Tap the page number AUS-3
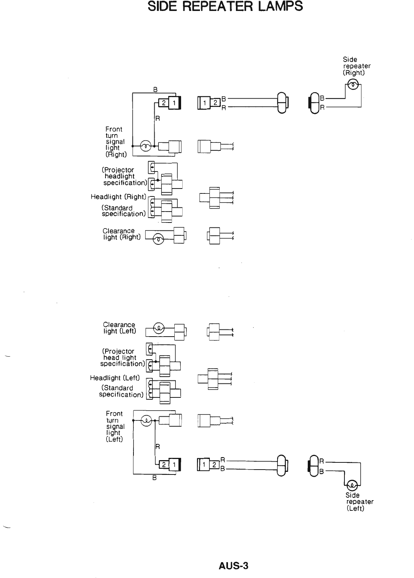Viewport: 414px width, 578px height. [x=233, y=566]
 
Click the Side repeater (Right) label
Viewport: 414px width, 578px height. [x=356, y=66]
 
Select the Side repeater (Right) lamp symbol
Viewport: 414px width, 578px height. [x=352, y=85]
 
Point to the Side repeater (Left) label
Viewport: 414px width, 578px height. [x=359, y=502]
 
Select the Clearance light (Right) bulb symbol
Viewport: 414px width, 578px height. [x=158, y=238]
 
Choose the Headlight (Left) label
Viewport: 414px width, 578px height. [x=115, y=378]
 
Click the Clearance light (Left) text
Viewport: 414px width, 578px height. [x=119, y=328]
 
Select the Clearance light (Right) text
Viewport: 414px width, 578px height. [x=121, y=234]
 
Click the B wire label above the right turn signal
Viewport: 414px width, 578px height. [x=155, y=90]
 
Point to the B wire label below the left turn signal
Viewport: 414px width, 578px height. [x=154, y=478]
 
